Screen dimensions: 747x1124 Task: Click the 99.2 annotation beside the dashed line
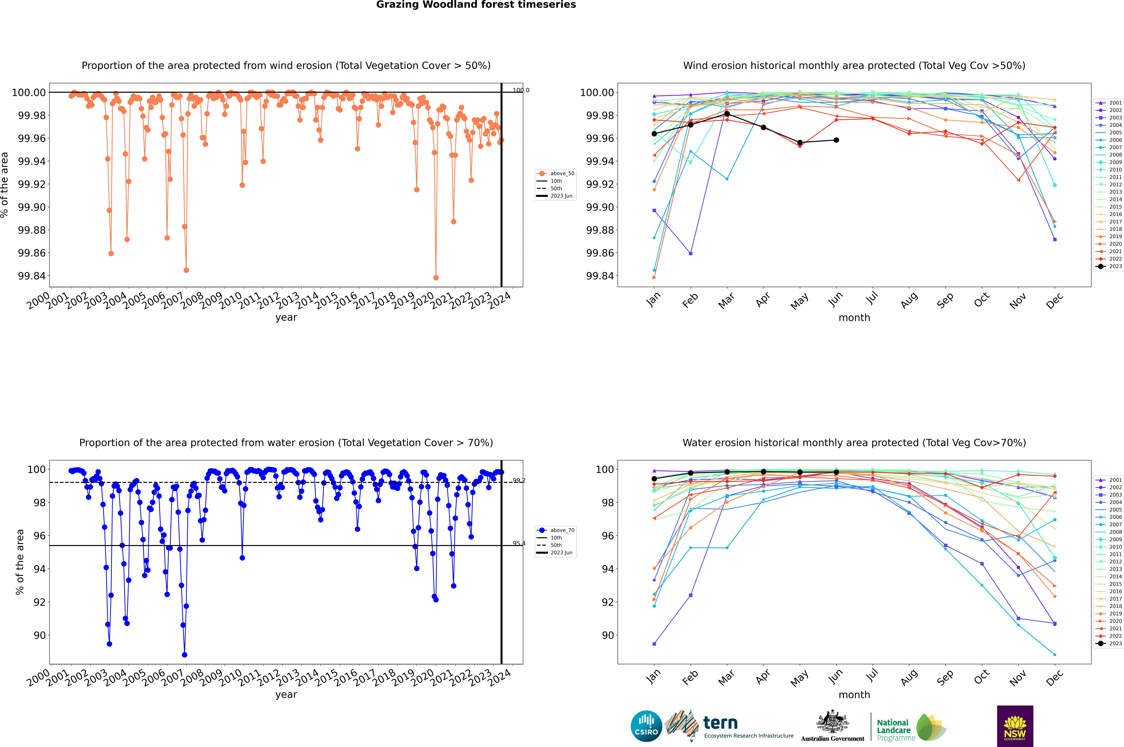click(519, 480)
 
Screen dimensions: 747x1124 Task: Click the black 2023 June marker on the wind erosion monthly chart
click(836, 140)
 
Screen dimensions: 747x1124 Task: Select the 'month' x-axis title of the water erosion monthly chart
click(854, 695)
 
